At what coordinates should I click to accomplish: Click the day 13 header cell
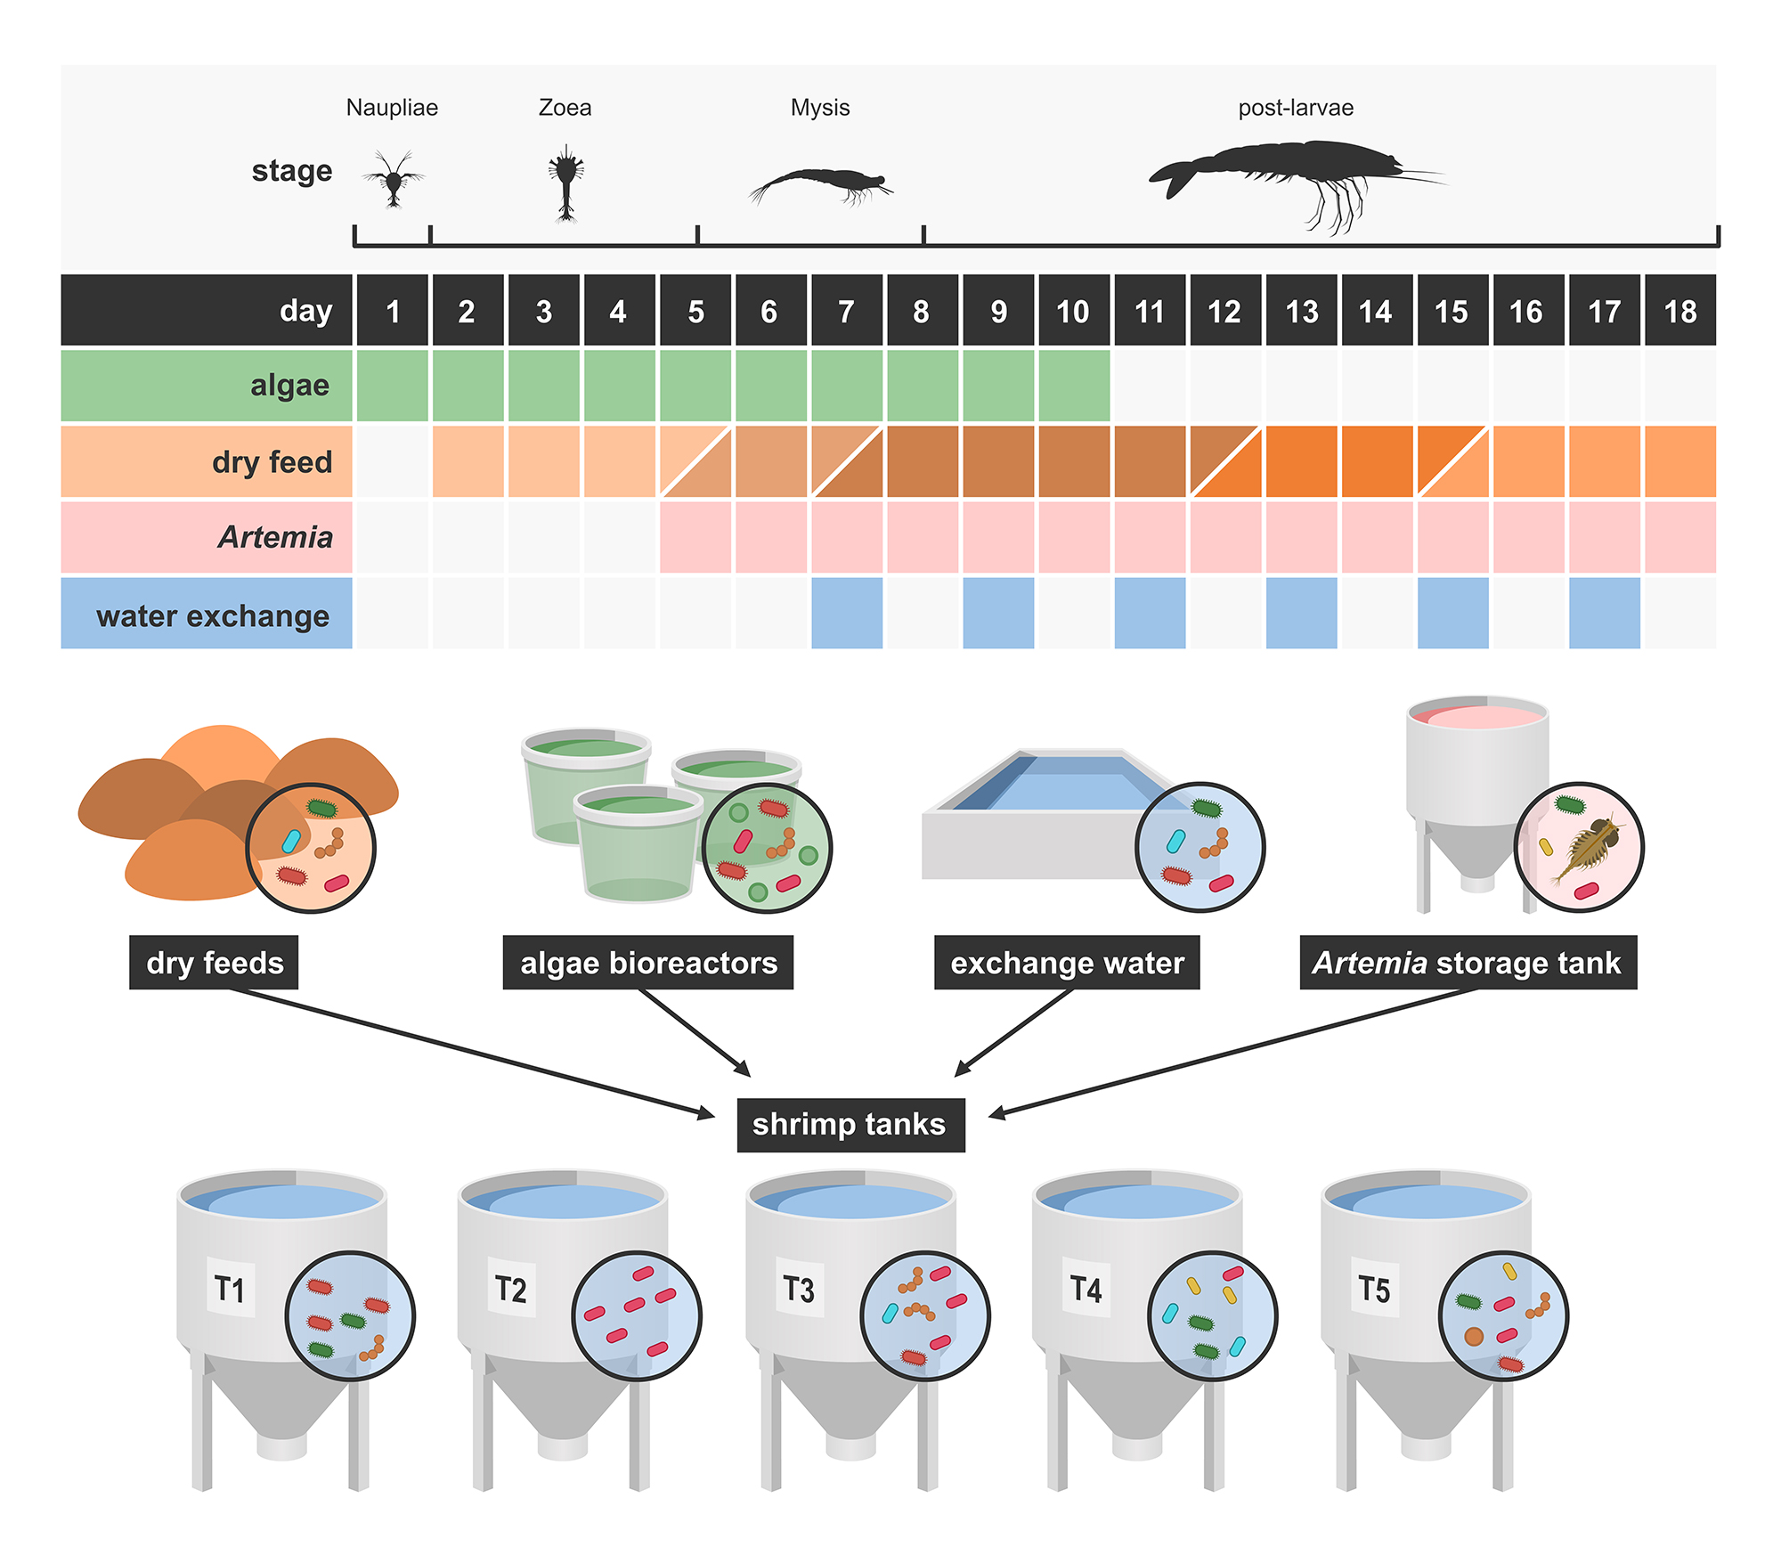pyautogui.click(x=1301, y=311)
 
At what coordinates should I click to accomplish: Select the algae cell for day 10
pyautogui.click(x=1074, y=386)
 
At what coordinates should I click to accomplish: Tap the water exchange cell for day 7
pyautogui.click(x=847, y=614)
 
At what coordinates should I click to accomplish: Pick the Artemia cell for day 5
pyautogui.click(x=695, y=537)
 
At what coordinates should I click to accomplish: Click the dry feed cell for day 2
pyautogui.click(x=468, y=461)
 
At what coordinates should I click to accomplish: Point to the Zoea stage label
pyautogui.click(x=565, y=108)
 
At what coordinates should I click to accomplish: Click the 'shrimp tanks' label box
pyautogui.click(x=850, y=1124)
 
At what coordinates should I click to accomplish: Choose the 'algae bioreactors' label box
pyautogui.click(x=647, y=963)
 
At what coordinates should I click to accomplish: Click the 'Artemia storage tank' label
pyautogui.click(x=1468, y=963)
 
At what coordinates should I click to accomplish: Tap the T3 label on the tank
pyautogui.click(x=799, y=1289)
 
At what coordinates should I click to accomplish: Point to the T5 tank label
pyautogui.click(x=1374, y=1289)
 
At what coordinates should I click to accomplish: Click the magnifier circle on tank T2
pyautogui.click(x=636, y=1316)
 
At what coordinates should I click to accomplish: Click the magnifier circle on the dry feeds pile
pyautogui.click(x=310, y=848)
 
